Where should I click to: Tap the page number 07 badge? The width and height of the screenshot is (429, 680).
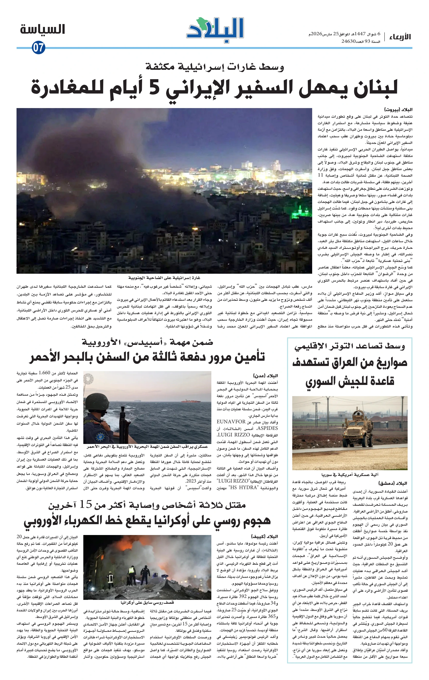38,47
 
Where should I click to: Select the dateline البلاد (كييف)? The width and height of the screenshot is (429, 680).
264,536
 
